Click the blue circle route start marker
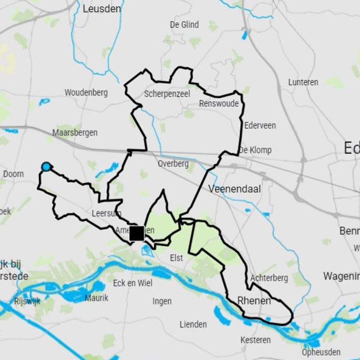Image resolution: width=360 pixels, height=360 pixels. click(46, 167)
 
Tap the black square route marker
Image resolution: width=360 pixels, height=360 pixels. click(137, 234)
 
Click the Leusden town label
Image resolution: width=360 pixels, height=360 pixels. click(102, 9)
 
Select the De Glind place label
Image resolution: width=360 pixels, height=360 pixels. click(184, 25)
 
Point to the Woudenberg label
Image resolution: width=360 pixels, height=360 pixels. click(86, 93)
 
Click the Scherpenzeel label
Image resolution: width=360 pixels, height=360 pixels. click(167, 94)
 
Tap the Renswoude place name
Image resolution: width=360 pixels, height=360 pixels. click(219, 104)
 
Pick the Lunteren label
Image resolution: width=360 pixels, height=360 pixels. click(303, 82)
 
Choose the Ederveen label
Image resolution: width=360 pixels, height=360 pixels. click(260, 126)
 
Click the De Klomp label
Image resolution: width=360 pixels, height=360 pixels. click(255, 150)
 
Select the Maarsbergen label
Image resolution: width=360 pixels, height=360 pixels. click(75, 133)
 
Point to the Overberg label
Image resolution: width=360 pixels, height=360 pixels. click(173, 164)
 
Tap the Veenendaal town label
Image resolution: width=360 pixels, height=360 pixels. click(234, 189)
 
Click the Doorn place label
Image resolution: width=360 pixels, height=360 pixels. click(13, 174)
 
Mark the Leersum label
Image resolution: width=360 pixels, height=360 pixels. click(103, 213)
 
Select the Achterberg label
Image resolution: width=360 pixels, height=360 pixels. click(269, 278)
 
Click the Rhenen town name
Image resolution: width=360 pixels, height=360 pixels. click(254, 300)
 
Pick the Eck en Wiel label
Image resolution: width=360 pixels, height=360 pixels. click(133, 283)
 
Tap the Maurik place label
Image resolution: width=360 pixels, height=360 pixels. click(96, 298)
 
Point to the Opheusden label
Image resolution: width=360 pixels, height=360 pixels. click(320, 352)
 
